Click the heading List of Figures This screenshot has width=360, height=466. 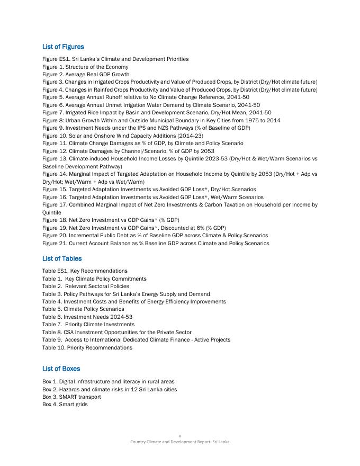pyautogui.click(x=63, y=47)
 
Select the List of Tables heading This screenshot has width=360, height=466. pyautogui.click(x=62, y=258)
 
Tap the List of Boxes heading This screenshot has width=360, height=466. pyautogui.click(x=61, y=369)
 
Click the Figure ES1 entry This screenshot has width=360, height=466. pyautogui.click(x=115, y=59)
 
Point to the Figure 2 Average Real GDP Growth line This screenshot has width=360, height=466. pyautogui.click(x=86, y=75)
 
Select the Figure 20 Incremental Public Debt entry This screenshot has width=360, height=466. pyautogui.click(x=155, y=235)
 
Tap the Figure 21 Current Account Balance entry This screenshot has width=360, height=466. pyautogui.click(x=156, y=243)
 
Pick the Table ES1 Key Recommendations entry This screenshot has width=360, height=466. pyautogui.click(x=85, y=271)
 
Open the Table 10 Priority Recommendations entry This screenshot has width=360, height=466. pyautogui.click(x=87, y=347)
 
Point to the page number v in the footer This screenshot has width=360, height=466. pyautogui.click(x=180, y=436)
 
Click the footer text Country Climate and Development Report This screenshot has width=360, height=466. pyautogui.click(x=180, y=442)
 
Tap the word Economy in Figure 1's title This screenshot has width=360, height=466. pyautogui.click(x=118, y=67)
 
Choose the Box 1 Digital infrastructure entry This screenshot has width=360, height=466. pyautogui.click(x=108, y=381)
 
